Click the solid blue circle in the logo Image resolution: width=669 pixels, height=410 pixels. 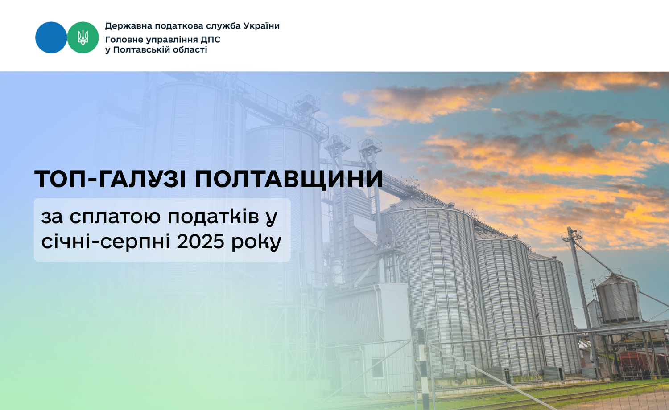[51, 37]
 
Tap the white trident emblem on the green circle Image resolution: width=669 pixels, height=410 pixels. [83, 37]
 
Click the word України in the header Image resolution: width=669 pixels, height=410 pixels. [262, 26]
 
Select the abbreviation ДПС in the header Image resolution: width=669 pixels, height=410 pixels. [210, 40]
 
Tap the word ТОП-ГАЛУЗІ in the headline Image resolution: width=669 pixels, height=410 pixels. [111, 179]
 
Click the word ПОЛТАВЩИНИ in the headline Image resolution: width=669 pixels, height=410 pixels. [289, 179]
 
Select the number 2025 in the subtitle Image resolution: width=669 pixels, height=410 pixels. [200, 242]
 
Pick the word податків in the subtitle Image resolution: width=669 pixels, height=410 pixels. [213, 217]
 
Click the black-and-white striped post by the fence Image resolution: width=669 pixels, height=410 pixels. [422, 369]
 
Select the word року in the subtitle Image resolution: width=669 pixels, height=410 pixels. [256, 242]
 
